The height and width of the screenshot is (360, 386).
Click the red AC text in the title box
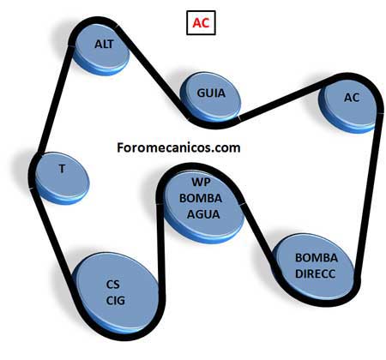click(201, 22)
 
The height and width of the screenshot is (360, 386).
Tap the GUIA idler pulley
click(210, 97)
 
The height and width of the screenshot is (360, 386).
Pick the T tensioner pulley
click(62, 178)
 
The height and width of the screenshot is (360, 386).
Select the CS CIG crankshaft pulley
click(117, 294)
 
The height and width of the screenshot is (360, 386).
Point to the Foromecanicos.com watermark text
click(178, 147)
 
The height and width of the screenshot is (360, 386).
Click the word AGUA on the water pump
click(203, 214)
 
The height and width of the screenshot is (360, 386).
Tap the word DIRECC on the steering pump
click(315, 273)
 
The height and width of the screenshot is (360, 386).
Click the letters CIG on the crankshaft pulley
click(116, 300)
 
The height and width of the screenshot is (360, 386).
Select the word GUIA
click(211, 93)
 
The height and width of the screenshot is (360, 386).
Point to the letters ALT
click(104, 45)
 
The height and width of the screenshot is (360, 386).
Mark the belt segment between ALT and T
click(54, 99)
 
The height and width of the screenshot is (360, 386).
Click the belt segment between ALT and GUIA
click(152, 71)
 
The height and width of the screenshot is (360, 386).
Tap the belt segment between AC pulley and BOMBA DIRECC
click(369, 195)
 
